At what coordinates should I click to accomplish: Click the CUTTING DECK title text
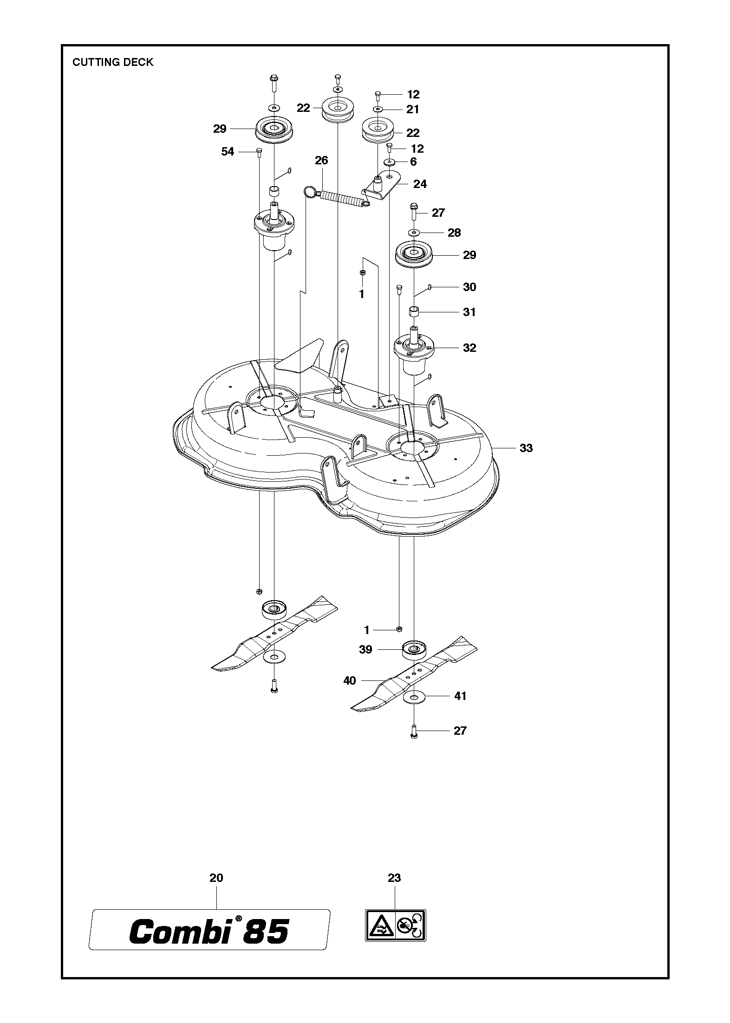[x=112, y=62]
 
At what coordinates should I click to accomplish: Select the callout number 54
[x=228, y=152]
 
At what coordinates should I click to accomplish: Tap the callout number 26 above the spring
[x=321, y=161]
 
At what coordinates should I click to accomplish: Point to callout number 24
[x=420, y=184]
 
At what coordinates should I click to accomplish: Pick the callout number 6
[x=413, y=162]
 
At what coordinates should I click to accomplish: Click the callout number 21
[x=413, y=110]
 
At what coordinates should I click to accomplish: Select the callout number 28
[x=454, y=233]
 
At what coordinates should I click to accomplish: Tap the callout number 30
[x=469, y=287]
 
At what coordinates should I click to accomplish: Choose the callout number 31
[x=469, y=312]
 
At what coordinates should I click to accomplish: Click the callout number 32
[x=469, y=348]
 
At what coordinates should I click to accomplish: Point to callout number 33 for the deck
[x=526, y=448]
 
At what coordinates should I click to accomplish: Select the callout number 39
[x=365, y=650]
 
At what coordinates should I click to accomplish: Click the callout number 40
[x=349, y=681]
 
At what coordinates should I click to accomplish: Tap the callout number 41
[x=460, y=709]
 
